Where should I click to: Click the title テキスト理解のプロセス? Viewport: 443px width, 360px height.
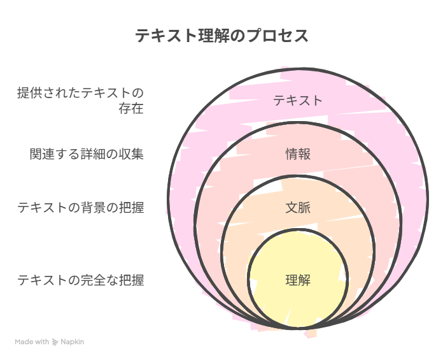click(221, 36)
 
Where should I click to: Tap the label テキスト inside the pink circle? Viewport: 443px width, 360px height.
click(298, 101)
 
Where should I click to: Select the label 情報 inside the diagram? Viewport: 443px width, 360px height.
click(298, 154)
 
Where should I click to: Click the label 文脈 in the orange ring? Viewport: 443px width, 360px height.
click(298, 208)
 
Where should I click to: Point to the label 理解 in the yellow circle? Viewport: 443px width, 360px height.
click(298, 280)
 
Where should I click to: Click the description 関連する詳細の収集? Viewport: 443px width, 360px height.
click(87, 154)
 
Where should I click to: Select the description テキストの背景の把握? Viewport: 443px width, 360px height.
click(81, 208)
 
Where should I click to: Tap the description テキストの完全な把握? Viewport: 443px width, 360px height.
click(81, 280)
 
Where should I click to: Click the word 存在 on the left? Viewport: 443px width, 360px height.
click(131, 108)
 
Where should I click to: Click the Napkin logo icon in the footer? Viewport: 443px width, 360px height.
click(55, 342)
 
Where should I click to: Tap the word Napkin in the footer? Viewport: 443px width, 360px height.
click(73, 342)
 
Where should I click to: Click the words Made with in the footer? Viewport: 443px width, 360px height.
click(32, 342)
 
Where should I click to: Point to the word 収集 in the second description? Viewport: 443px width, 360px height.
click(131, 154)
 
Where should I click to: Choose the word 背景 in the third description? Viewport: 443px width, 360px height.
click(93, 208)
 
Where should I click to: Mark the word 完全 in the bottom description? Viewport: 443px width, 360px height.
click(93, 280)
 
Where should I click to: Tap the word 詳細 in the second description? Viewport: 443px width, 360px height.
click(93, 154)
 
